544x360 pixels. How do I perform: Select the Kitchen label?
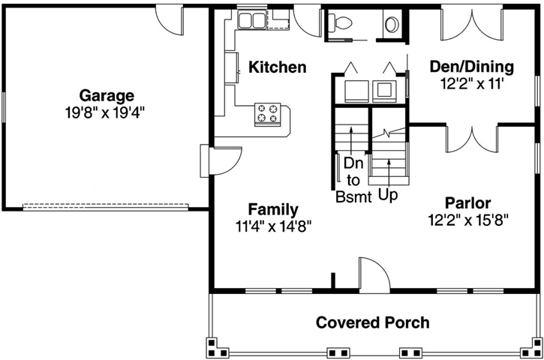point(278,67)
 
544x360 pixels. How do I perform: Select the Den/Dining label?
point(471,66)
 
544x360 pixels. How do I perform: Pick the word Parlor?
point(467,202)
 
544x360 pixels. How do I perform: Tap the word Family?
point(273,209)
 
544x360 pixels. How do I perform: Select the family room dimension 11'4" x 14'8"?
point(273,224)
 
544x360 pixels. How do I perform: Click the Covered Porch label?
point(373,322)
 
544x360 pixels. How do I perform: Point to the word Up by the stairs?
point(388,194)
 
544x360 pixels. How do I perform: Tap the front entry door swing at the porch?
point(373,273)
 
